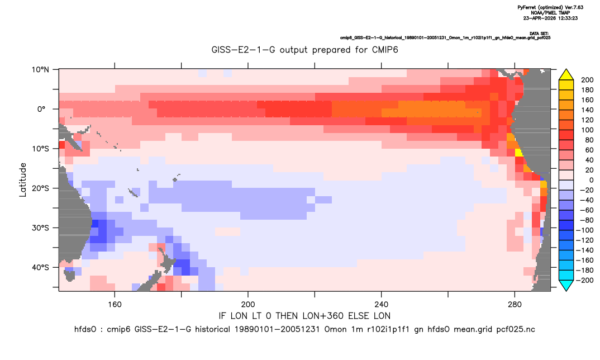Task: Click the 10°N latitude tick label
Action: [40, 70]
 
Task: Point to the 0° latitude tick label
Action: [41, 109]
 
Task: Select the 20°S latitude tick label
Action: [40, 188]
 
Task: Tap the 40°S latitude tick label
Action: [40, 267]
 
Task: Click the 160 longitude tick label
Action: [115, 305]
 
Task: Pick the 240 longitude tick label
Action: [382, 305]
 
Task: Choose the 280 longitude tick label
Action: [515, 305]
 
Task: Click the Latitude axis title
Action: [23, 180]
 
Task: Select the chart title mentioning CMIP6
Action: [305, 50]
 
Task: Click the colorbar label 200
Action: [587, 80]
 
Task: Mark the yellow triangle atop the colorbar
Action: [566, 75]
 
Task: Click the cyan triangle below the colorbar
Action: [566, 285]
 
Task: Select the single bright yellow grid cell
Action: [519, 153]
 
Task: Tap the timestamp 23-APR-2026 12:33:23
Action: [550, 18]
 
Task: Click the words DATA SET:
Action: [539, 34]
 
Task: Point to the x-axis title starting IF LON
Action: [304, 316]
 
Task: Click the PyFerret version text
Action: [550, 7]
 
